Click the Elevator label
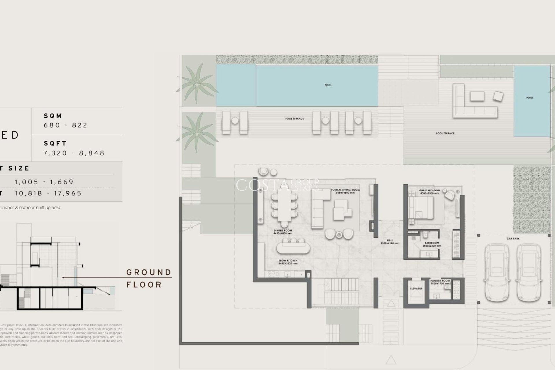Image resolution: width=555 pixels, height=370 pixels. pos(416,288)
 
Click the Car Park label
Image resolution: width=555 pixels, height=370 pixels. pos(513,239)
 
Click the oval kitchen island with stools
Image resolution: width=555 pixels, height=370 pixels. pos(293,248)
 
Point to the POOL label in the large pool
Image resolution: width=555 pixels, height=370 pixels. pos(328,85)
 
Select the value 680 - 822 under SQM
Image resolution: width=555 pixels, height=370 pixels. pos(66,125)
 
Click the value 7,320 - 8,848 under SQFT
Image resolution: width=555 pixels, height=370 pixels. pos(74,153)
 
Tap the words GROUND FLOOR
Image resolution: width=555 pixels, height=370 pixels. pos(149,278)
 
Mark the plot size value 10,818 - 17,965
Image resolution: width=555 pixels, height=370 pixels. pos(48,193)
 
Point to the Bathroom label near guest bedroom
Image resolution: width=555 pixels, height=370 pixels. pos(432,244)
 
